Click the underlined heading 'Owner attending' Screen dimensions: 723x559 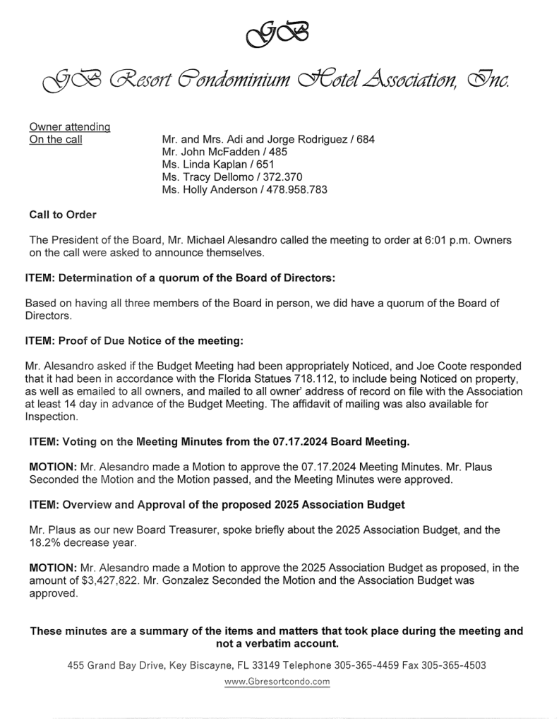[x=69, y=127]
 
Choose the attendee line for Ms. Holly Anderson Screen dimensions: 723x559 [x=244, y=190]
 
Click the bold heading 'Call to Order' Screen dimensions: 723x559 [x=63, y=215]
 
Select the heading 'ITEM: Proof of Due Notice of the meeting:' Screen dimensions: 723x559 [x=134, y=341]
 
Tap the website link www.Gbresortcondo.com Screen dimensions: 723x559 [x=277, y=682]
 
